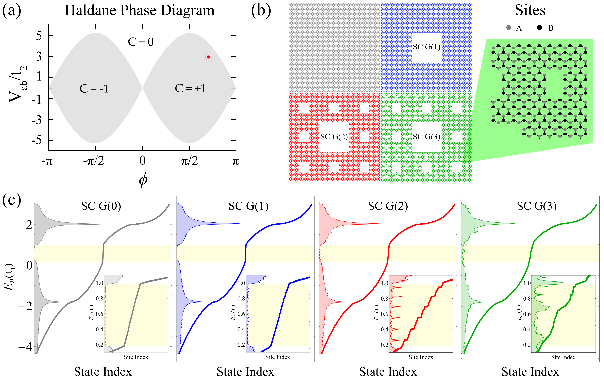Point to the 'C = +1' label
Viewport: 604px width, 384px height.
tap(190, 88)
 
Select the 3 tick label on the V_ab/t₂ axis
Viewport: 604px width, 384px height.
tap(39, 57)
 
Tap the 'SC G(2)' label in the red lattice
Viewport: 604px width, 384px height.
tap(334, 137)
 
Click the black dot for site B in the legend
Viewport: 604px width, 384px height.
tap(540, 28)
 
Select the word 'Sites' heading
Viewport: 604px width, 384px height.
tap(530, 11)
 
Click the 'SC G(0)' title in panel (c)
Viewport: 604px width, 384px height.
tap(101, 206)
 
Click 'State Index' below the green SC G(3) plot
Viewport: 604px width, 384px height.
tap(530, 372)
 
